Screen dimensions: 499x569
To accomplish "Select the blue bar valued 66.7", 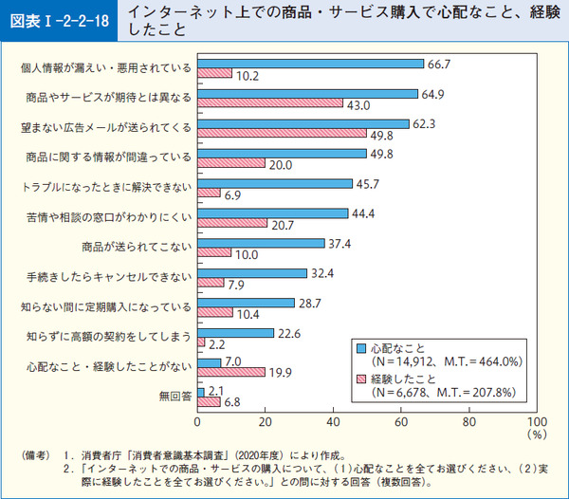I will (310, 64).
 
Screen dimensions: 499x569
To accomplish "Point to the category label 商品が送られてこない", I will (137, 248).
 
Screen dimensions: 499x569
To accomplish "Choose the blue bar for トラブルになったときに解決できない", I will (275, 183).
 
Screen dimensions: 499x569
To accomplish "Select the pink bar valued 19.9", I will (231, 372).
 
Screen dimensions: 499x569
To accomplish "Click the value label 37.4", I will (340, 243).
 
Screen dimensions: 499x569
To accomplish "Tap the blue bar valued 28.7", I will (247, 303).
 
